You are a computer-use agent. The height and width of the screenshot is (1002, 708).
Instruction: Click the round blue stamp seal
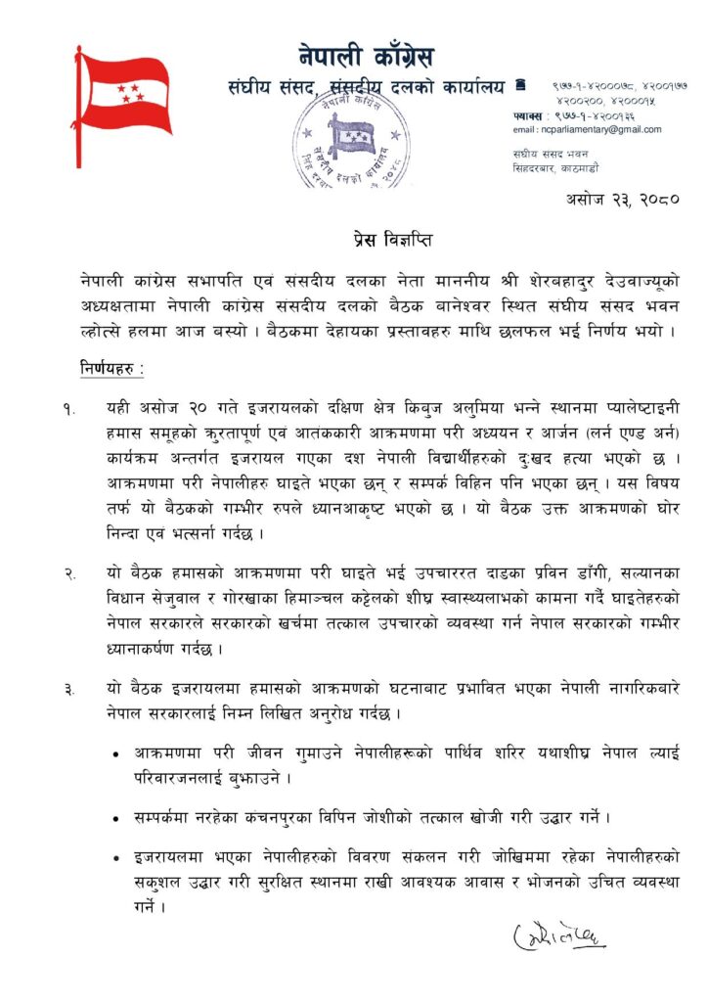tap(351, 138)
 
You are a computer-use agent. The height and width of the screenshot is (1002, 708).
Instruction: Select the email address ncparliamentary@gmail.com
tap(587, 129)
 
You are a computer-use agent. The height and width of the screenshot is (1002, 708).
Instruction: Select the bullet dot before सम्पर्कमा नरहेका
tap(118, 815)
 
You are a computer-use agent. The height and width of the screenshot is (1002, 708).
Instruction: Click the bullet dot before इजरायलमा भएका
tap(118, 857)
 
